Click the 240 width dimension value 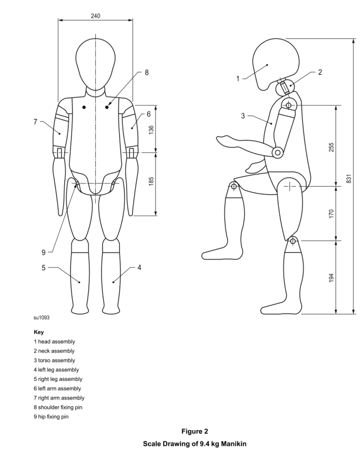[x=96, y=16]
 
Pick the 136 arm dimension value [x=151, y=129]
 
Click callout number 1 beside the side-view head [x=238, y=78]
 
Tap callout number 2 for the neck [x=320, y=72]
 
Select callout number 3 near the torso [x=243, y=116]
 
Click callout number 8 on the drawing [x=147, y=72]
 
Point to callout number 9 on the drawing [x=43, y=252]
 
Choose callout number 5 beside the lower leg [x=43, y=268]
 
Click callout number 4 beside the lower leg [x=139, y=268]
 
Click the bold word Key [x=39, y=332]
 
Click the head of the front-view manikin [x=96, y=61]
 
